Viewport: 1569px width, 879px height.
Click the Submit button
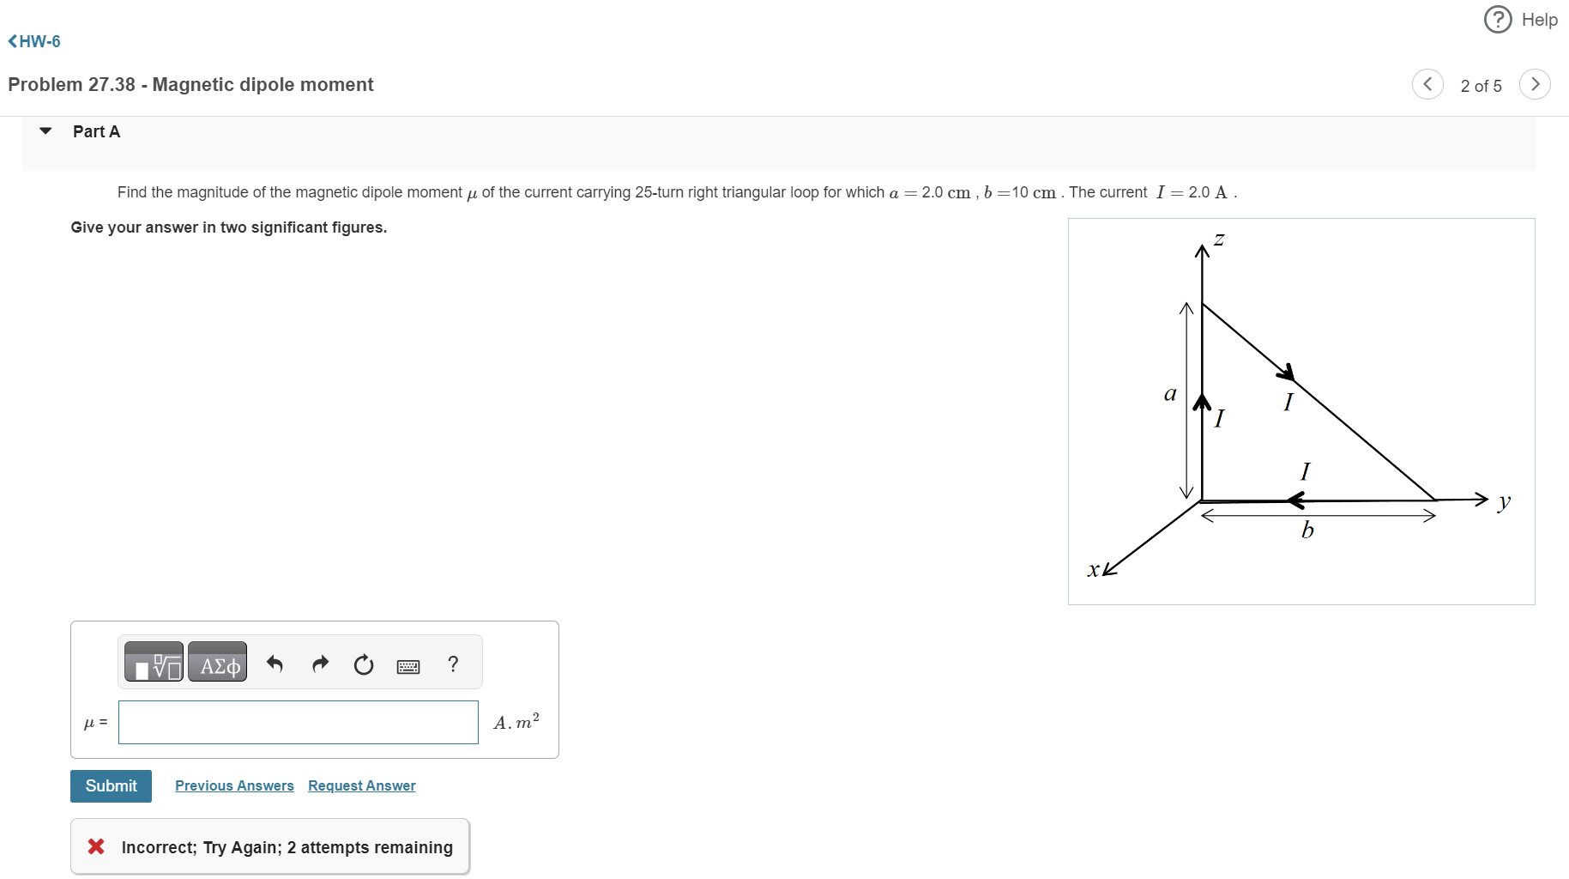pos(111,786)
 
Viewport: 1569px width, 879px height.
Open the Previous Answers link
pos(234,786)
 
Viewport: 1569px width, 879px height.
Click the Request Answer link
pos(361,786)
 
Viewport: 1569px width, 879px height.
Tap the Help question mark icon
pos(1498,19)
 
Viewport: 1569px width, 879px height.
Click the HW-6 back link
pos(34,41)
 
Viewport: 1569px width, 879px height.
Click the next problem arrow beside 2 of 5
pos(1535,84)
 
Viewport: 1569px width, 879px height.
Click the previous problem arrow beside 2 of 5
pos(1427,84)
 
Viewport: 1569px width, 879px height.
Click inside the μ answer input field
pos(298,723)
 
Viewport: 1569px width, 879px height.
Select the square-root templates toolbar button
pos(154,664)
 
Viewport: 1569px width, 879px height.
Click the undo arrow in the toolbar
pos(275,664)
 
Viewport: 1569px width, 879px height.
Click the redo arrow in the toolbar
pos(320,664)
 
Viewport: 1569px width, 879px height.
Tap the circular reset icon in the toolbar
pos(364,664)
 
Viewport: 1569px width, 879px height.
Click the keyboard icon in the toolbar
pos(408,666)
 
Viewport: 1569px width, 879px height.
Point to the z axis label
pos(1219,239)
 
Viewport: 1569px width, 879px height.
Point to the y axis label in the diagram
pos(1503,501)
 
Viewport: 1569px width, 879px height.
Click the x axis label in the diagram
pos(1093,569)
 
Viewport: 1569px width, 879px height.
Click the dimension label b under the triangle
pos(1307,530)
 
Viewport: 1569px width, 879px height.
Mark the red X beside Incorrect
pos(96,846)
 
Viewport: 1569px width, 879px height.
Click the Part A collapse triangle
pos(46,131)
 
